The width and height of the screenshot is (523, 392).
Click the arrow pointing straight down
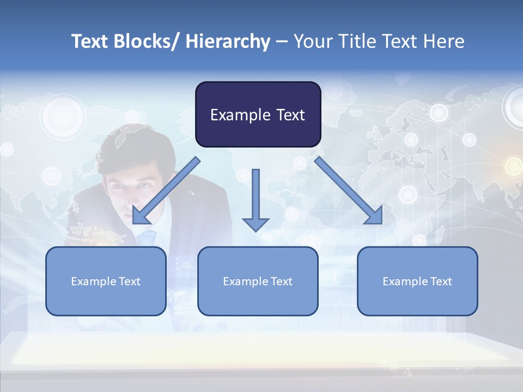256,196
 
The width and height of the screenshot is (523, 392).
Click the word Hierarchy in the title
228,41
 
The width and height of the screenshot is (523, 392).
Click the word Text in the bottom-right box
441,281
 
